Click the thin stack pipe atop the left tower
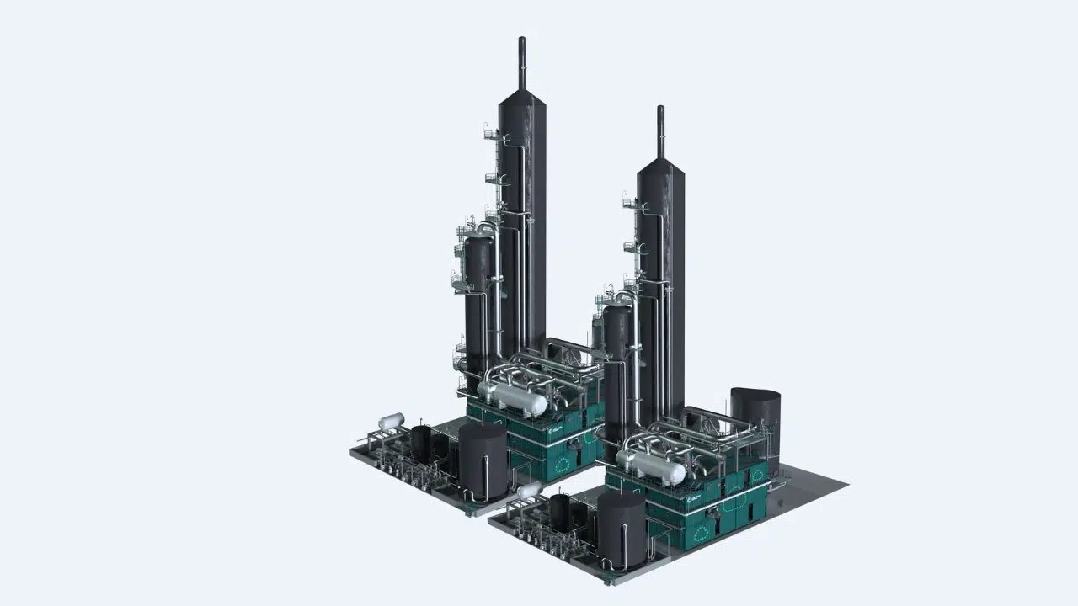click(x=521, y=63)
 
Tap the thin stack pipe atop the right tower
click(x=660, y=130)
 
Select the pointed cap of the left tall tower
click(x=520, y=101)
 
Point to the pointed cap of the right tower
click(x=660, y=168)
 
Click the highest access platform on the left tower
click(x=489, y=132)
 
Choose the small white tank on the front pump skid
click(x=530, y=490)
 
